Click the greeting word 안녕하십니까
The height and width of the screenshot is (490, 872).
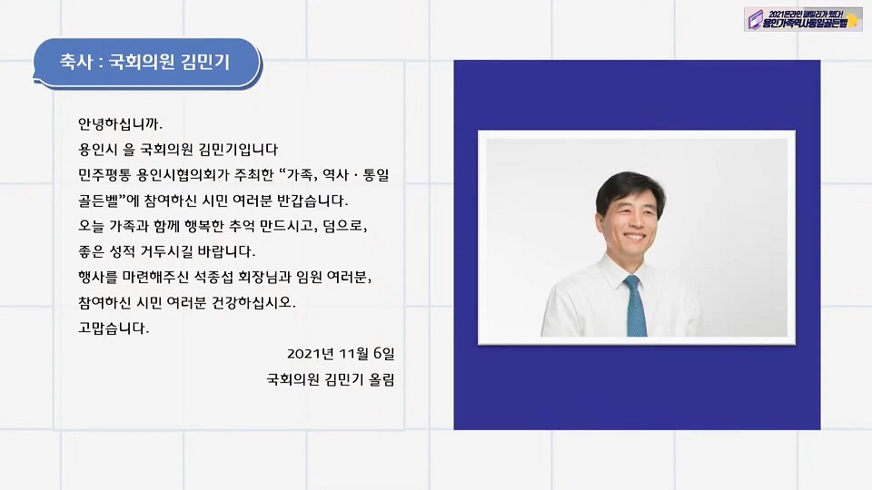(120, 124)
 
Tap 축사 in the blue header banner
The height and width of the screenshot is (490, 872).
(75, 62)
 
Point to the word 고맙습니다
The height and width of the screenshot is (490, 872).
(114, 328)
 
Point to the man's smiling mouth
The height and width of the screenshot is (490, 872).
(634, 237)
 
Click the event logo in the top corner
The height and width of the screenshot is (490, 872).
(802, 19)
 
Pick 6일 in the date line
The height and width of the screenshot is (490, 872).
(383, 353)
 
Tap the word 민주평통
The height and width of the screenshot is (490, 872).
(104, 175)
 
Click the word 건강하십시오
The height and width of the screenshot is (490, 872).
(253, 303)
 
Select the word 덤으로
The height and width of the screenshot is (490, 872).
(345, 226)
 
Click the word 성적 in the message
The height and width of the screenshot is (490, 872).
(122, 251)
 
